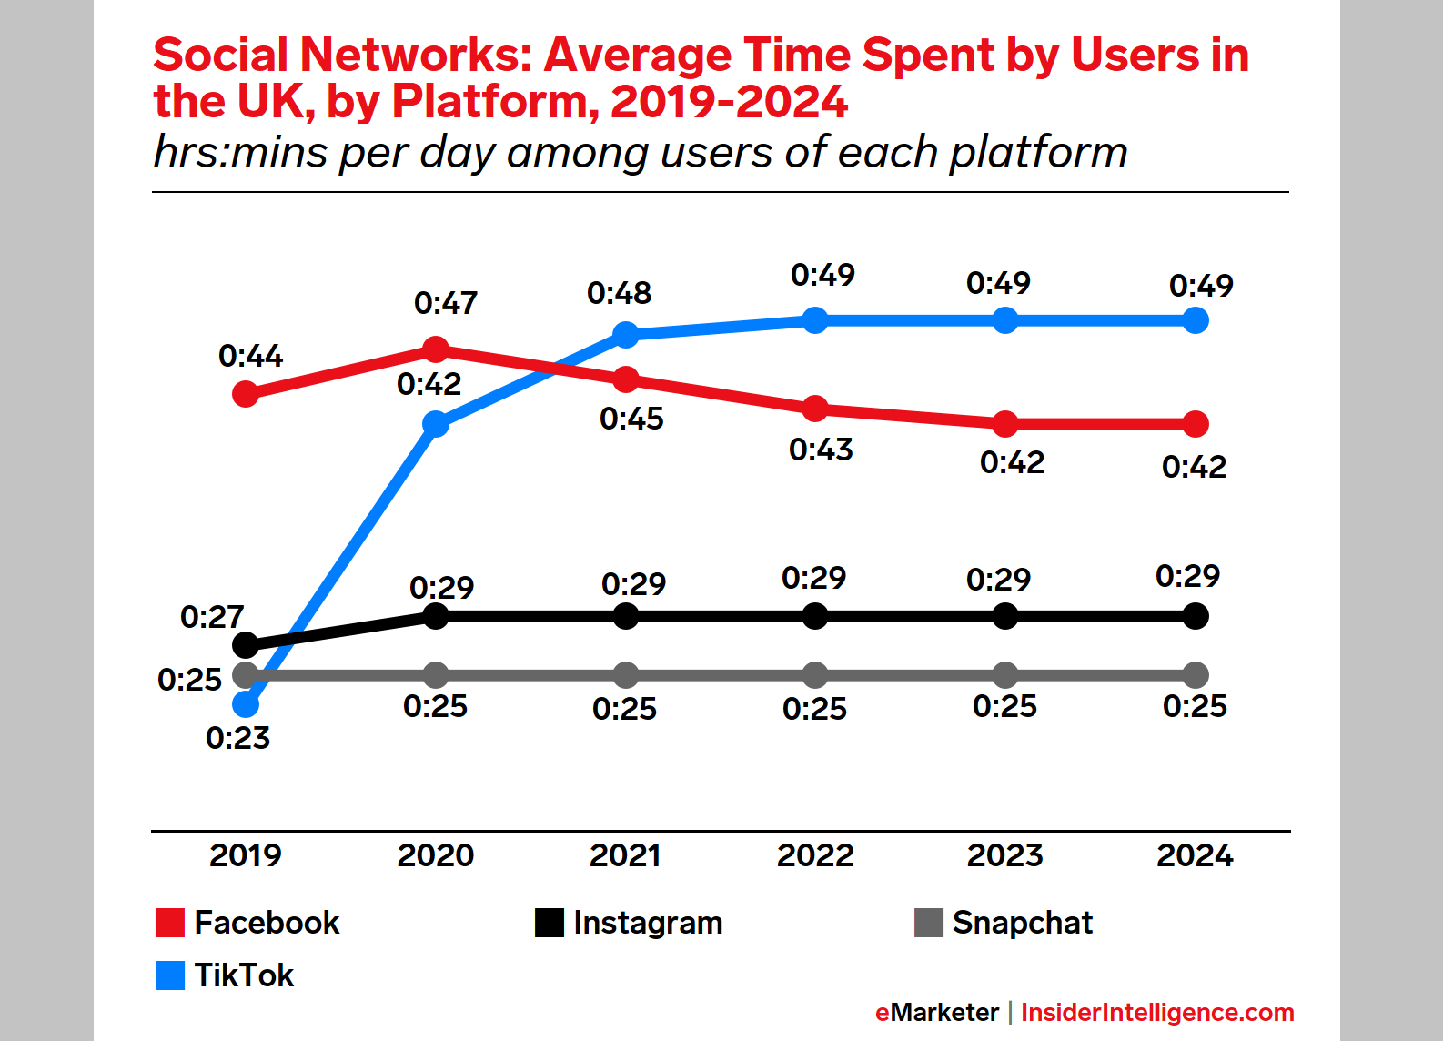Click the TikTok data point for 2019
click(x=246, y=704)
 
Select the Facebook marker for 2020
click(x=436, y=349)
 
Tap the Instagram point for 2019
click(x=246, y=645)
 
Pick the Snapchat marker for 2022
click(x=815, y=675)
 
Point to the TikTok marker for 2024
click(x=1196, y=320)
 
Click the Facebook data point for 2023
click(x=1005, y=424)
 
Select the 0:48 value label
click(x=619, y=293)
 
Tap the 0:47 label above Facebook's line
click(x=446, y=303)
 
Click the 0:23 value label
click(x=237, y=738)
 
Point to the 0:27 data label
click(x=212, y=617)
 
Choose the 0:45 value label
click(x=631, y=419)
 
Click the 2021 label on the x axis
click(x=625, y=855)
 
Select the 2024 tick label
click(x=1195, y=855)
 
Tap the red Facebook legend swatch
click(x=170, y=923)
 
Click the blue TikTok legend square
click(x=170, y=975)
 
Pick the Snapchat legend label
click(x=1022, y=923)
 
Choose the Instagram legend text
click(x=648, y=923)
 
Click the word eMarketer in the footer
click(x=936, y=1013)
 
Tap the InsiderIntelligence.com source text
click(x=1157, y=1013)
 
